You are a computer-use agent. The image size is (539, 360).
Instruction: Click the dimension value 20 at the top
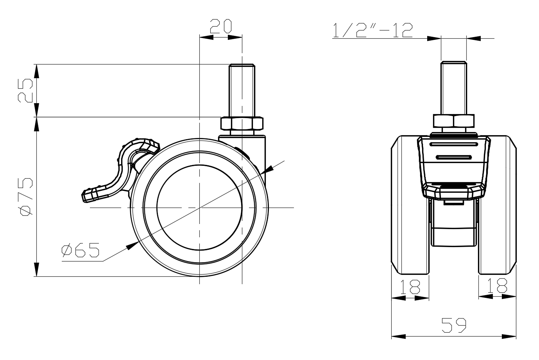tap(221, 26)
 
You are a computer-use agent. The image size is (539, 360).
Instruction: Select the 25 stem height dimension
tap(25, 90)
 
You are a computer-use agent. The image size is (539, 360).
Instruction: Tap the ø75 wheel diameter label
tap(25, 197)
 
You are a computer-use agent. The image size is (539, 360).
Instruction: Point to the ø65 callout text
tap(81, 250)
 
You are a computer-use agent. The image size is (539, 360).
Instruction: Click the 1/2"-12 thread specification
tap(373, 30)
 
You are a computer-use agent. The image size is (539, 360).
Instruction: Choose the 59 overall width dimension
tap(454, 325)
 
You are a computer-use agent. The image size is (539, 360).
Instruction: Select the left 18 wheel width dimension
tap(410, 287)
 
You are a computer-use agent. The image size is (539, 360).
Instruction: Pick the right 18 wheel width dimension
tap(497, 285)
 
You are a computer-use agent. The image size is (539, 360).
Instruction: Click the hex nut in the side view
tap(242, 123)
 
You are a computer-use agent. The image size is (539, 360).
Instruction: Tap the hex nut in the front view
tap(453, 121)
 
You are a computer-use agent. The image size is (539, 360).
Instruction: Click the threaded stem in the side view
tap(242, 90)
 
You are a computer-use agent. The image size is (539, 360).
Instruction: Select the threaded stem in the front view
tap(454, 88)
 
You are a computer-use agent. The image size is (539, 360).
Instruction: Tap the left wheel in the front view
tap(410, 205)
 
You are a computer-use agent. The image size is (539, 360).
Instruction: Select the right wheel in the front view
tap(497, 205)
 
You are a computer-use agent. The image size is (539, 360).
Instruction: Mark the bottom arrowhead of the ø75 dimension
tap(36, 269)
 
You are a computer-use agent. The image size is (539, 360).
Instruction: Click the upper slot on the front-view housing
tap(454, 144)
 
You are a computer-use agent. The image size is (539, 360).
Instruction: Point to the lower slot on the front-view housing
tap(454, 158)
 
